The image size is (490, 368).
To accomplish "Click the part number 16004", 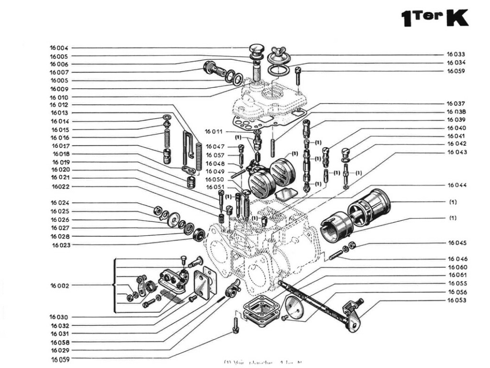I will click(59, 48).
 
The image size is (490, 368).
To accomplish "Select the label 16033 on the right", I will click(456, 55).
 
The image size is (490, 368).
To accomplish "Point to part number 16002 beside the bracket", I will click(60, 286).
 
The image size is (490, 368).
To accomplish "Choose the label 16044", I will click(457, 185).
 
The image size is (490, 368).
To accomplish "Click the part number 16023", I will click(60, 245).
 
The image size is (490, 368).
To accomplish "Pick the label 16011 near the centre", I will click(214, 131).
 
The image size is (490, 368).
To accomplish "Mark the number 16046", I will click(457, 259).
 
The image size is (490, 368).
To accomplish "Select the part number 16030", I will click(59, 317).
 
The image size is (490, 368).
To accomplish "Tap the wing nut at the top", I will click(277, 52).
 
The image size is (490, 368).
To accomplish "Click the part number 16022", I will click(60, 186).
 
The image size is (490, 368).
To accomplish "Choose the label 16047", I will click(215, 146).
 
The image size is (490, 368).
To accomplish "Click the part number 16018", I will click(60, 154).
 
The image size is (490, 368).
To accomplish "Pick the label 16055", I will click(457, 284).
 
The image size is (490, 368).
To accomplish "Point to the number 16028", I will click(60, 237).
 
